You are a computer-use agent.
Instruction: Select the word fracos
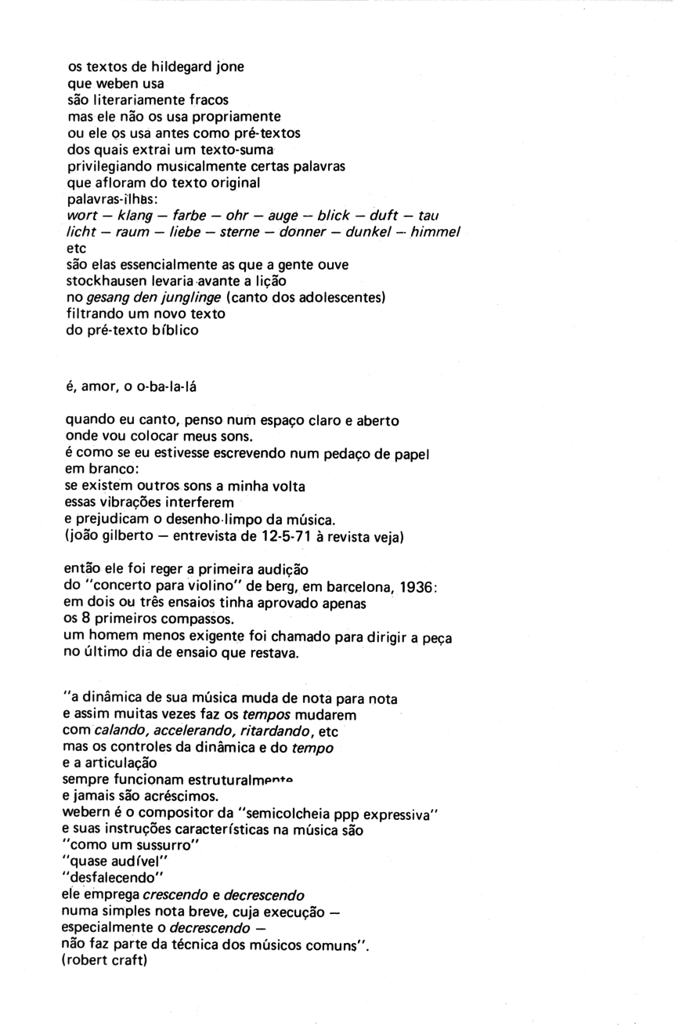204,100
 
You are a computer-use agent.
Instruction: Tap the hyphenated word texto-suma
236,150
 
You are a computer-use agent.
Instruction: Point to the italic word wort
81,216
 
